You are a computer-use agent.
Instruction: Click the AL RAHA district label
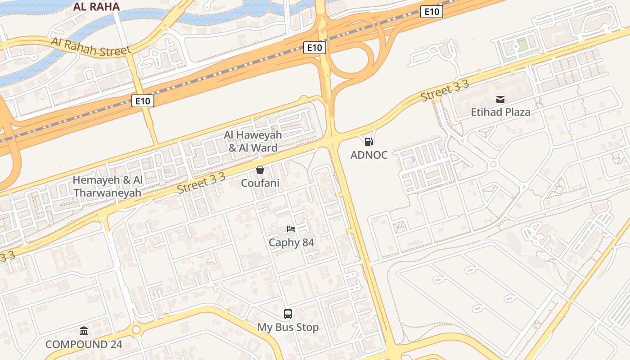pyautogui.click(x=96, y=7)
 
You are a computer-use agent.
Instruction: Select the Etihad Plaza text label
pyautogui.click(x=500, y=112)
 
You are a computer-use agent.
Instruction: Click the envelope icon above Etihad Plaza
pyautogui.click(x=500, y=99)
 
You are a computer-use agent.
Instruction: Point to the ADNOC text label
pyautogui.click(x=369, y=155)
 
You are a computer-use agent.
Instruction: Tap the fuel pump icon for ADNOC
pyautogui.click(x=369, y=142)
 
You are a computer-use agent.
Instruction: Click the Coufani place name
pyautogui.click(x=260, y=183)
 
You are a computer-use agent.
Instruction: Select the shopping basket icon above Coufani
pyautogui.click(x=260, y=170)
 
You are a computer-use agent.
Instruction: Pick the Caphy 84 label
pyautogui.click(x=291, y=243)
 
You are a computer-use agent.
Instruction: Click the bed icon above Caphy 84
pyautogui.click(x=291, y=229)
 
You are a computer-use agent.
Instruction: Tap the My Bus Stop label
pyautogui.click(x=288, y=327)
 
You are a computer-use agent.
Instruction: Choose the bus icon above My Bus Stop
pyautogui.click(x=288, y=314)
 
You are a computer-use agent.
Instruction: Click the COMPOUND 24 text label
pyautogui.click(x=84, y=345)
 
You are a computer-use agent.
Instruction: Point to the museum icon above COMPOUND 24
pyautogui.click(x=84, y=331)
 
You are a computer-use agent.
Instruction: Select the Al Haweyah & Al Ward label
pyautogui.click(x=253, y=141)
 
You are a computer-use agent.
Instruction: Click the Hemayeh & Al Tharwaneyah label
pyautogui.click(x=108, y=186)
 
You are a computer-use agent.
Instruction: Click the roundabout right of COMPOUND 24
pyautogui.click(x=136, y=330)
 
